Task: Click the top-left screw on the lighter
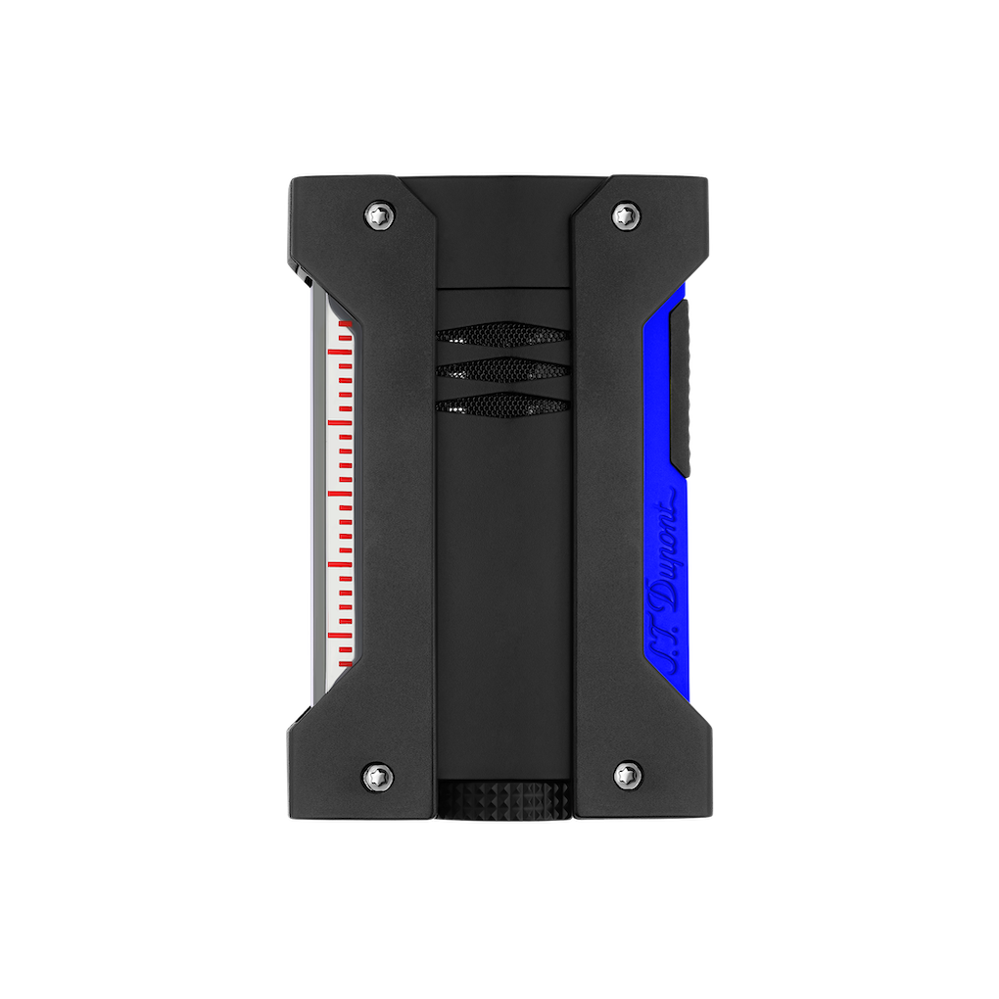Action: (x=380, y=214)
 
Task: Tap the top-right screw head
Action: (x=625, y=214)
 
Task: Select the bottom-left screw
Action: (x=379, y=776)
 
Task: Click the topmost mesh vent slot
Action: (x=502, y=336)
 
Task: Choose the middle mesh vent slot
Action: (x=502, y=369)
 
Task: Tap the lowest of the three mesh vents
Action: (x=502, y=403)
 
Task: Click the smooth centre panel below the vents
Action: (x=502, y=588)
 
